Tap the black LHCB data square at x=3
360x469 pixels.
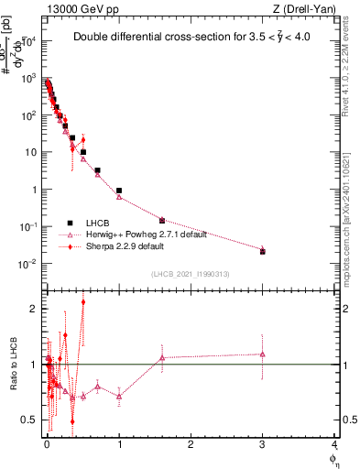[x=263, y=251]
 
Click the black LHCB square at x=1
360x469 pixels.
[x=119, y=191]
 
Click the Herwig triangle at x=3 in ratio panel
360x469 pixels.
[x=263, y=354]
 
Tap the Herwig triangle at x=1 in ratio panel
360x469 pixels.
[x=119, y=396]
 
